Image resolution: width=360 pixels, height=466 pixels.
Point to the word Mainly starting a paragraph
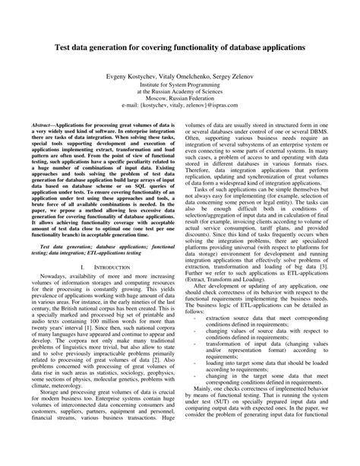pos(204,407)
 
